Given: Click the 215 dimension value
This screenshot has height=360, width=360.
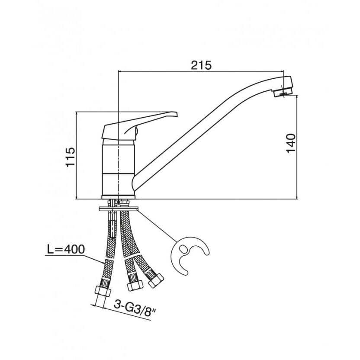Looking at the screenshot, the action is click(201, 65).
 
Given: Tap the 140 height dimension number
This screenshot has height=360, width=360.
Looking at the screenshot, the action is click(291, 143).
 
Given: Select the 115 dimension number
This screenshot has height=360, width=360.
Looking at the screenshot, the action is click(70, 157).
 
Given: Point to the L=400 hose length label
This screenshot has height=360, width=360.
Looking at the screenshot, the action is click(66, 249).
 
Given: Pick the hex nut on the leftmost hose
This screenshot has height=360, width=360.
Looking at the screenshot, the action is click(103, 291).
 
